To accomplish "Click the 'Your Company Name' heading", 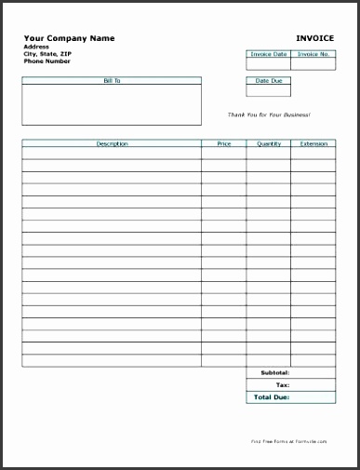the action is tap(69, 38).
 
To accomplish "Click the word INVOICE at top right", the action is tap(314, 38).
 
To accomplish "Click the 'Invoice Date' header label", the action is tap(268, 54).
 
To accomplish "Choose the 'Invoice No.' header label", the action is tap(313, 54).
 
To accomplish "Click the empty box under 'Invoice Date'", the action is tap(268, 65).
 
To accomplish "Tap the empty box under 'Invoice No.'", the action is tap(313, 65).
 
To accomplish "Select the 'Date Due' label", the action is tap(268, 81).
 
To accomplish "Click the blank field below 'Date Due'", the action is tap(268, 91).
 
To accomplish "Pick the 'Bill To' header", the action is tap(112, 81).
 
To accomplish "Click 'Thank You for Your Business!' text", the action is tap(269, 114).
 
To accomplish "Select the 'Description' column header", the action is tap(112, 144).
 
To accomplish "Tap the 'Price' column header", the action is tap(224, 144).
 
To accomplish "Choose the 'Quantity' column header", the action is tap(268, 144).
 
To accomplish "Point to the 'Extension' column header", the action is tap(313, 144).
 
